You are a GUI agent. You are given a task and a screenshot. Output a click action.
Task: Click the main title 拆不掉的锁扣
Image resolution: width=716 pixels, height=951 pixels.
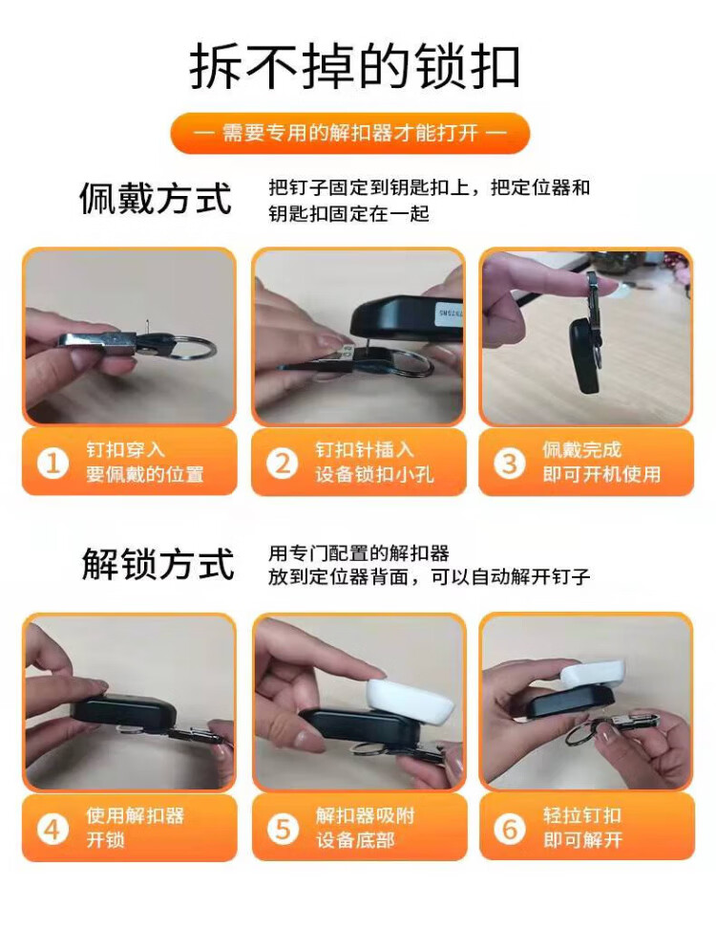click(x=355, y=66)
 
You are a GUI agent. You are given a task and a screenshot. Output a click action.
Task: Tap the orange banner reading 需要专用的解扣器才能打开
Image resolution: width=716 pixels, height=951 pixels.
click(x=350, y=133)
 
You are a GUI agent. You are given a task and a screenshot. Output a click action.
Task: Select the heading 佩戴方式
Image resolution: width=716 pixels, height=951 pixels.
click(x=156, y=198)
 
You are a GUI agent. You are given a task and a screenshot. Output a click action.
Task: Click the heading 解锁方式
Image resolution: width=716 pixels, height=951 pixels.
click(x=158, y=564)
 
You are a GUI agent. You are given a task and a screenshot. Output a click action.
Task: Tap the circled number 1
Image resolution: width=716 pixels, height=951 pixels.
click(x=53, y=463)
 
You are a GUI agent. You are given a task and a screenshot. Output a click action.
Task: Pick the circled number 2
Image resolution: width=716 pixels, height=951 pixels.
click(x=283, y=463)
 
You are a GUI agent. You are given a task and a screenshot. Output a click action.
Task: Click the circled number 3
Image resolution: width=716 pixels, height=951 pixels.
click(x=510, y=463)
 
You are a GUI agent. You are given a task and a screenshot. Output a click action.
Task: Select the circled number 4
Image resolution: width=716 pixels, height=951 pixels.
click(x=53, y=829)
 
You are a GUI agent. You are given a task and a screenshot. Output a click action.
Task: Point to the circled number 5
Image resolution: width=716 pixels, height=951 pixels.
click(x=283, y=829)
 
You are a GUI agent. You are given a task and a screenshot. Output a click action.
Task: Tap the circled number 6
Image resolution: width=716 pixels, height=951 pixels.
click(x=510, y=829)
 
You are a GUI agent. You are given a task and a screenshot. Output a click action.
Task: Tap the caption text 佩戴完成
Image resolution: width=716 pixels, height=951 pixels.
click(x=581, y=449)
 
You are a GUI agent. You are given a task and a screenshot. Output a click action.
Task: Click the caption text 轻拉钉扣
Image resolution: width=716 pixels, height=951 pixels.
click(x=581, y=815)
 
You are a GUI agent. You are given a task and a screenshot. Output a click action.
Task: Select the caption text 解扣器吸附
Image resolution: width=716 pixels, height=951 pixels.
click(x=365, y=815)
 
